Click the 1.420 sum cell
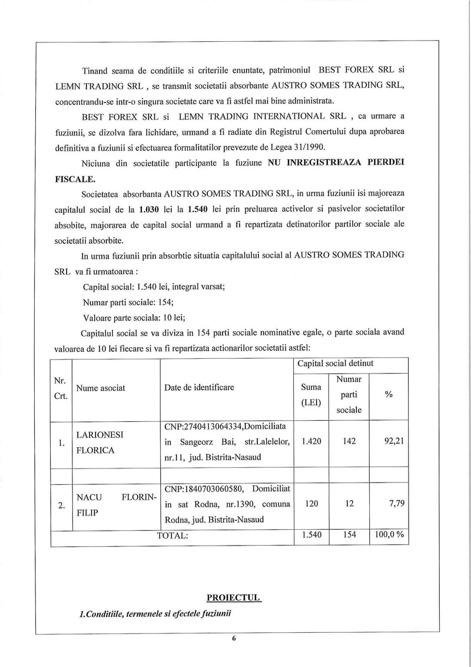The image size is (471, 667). pyautogui.click(x=311, y=441)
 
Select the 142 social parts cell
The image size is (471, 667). pyautogui.click(x=349, y=441)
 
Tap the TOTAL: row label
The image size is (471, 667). pyautogui.click(x=172, y=536)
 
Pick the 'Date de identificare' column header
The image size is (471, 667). pyautogui.click(x=199, y=387)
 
